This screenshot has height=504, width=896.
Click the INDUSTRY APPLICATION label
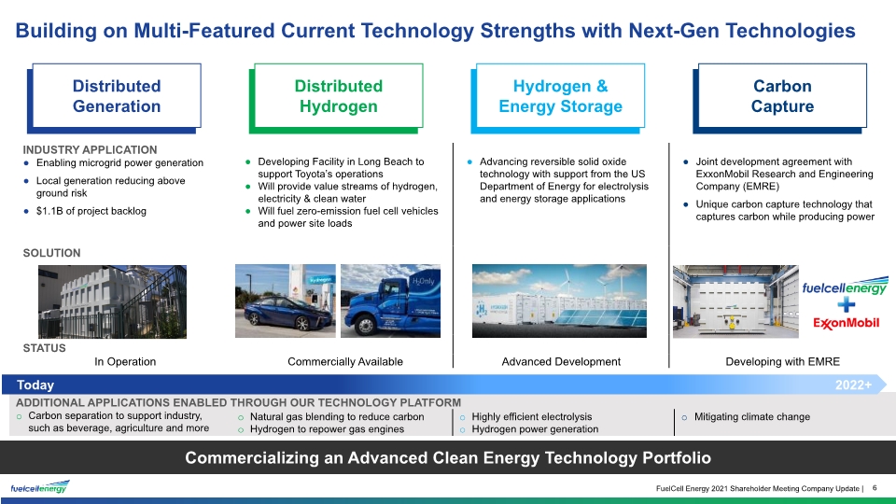90,149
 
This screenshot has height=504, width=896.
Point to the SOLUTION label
51,253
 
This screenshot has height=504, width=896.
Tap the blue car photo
286,301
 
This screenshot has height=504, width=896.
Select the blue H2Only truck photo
390,301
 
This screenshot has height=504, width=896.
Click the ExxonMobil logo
847,323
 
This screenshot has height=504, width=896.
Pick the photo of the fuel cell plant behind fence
112,301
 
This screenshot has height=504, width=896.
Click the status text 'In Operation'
125,362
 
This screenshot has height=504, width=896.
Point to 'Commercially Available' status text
345,362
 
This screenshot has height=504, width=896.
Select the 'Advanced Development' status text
561,362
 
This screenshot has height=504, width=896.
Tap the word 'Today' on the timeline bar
35,385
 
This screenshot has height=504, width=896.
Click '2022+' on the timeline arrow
853,385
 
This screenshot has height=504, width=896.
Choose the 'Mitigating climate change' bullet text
752,416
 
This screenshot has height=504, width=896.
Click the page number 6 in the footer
875,488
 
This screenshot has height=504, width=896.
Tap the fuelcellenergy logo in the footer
40,487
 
